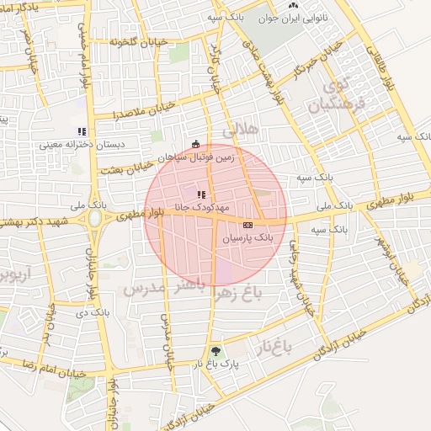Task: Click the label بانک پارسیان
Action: (247, 239)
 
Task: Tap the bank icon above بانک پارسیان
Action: (247, 226)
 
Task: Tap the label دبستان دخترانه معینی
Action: (82, 145)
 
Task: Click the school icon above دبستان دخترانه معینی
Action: (82, 131)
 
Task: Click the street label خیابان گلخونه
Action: (140, 40)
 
